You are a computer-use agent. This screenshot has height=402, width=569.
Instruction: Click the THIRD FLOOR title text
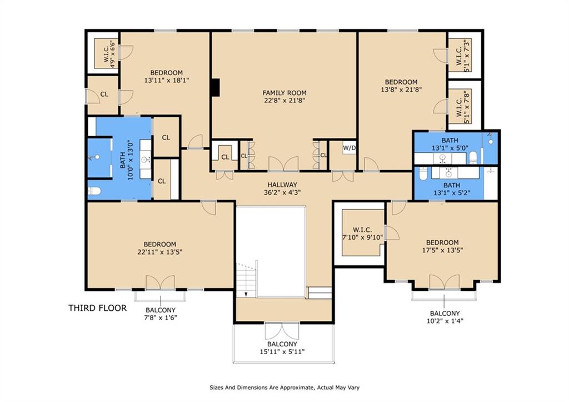pyautogui.click(x=97, y=307)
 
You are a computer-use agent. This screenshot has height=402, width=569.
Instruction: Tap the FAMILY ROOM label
pyautogui.click(x=284, y=93)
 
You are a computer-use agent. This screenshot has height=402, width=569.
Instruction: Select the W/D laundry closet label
pyautogui.click(x=349, y=148)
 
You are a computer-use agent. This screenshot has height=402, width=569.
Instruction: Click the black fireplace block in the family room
pyautogui.click(x=215, y=88)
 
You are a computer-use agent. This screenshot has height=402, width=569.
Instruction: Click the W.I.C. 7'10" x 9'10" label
pyautogui.click(x=362, y=234)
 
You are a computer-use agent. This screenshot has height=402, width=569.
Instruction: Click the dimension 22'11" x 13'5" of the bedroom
pyautogui.click(x=160, y=252)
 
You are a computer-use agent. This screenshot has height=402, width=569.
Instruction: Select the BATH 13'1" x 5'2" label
pyautogui.click(x=451, y=190)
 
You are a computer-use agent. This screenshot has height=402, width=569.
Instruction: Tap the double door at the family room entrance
pyautogui.click(x=283, y=164)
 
